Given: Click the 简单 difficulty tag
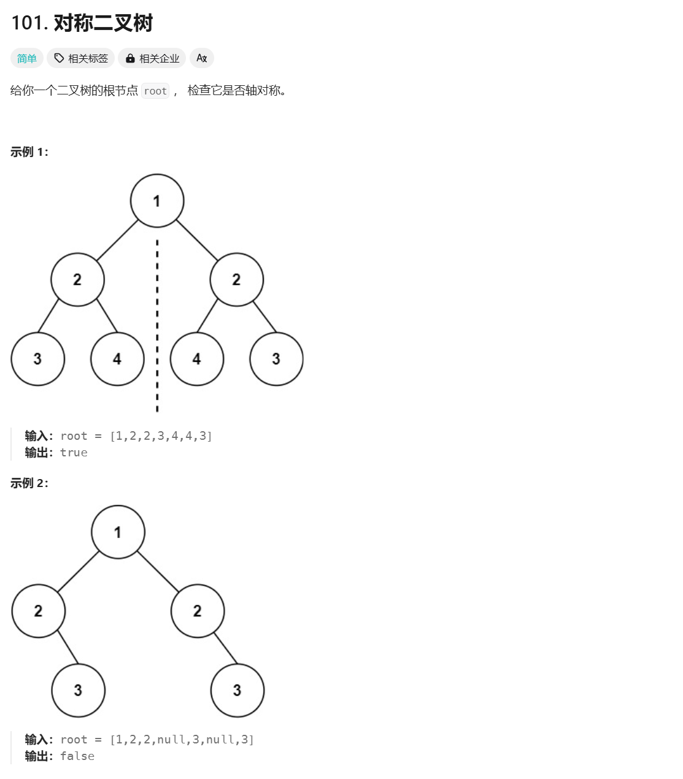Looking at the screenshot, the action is [27, 58].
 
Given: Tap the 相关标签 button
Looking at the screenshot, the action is [81, 58].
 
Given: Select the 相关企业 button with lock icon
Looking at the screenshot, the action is [152, 58].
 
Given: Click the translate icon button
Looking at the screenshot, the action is [201, 58].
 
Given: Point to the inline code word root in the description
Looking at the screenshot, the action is [155, 91].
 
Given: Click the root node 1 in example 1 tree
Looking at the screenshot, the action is [157, 201].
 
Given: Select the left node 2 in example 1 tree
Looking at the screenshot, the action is [77, 280].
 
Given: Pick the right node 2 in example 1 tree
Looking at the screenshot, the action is [236, 280].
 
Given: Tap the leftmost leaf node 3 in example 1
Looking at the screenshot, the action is [37, 359].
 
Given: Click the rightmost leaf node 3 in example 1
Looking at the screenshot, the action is [276, 359].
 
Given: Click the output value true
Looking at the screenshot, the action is [74, 453].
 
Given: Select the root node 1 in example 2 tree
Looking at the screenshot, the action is [118, 532].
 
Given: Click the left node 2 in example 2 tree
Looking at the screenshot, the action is [38, 611].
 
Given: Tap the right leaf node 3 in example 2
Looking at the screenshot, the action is [237, 690].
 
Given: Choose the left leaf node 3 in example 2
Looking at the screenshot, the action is [78, 690].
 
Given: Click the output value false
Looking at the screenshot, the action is [77, 756].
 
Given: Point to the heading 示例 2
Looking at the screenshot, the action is [29, 483].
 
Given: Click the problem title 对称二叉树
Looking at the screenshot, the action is [103, 23].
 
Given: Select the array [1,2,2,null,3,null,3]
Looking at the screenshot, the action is [182, 740].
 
